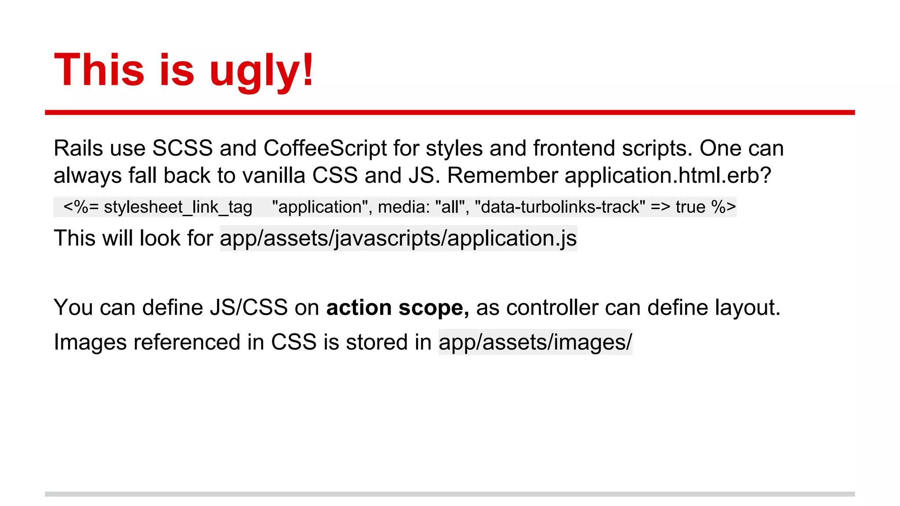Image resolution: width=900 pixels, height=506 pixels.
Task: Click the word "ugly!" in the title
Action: [x=261, y=71]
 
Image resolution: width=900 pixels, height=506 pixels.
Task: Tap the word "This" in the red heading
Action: [x=99, y=70]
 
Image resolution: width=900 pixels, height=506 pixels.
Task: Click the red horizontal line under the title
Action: [x=450, y=113]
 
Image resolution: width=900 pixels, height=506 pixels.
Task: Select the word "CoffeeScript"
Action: [x=325, y=148]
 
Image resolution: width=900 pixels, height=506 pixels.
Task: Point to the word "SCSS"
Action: [x=182, y=148]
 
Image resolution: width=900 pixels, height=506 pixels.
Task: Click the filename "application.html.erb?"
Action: [x=668, y=175]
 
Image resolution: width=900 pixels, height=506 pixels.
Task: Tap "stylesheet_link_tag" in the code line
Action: [x=178, y=207]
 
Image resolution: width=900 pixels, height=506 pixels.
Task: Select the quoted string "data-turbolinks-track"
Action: [x=560, y=206]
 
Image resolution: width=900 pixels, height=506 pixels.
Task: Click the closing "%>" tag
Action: [x=724, y=207]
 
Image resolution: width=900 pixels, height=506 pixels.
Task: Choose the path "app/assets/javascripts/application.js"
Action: [x=398, y=239]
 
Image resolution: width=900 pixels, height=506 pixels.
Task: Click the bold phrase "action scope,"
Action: [x=398, y=307]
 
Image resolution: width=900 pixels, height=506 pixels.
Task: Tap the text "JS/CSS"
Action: [x=249, y=307]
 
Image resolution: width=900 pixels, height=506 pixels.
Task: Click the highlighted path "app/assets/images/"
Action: [x=535, y=342]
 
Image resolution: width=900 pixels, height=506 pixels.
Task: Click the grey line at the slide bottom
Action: [x=450, y=494]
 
